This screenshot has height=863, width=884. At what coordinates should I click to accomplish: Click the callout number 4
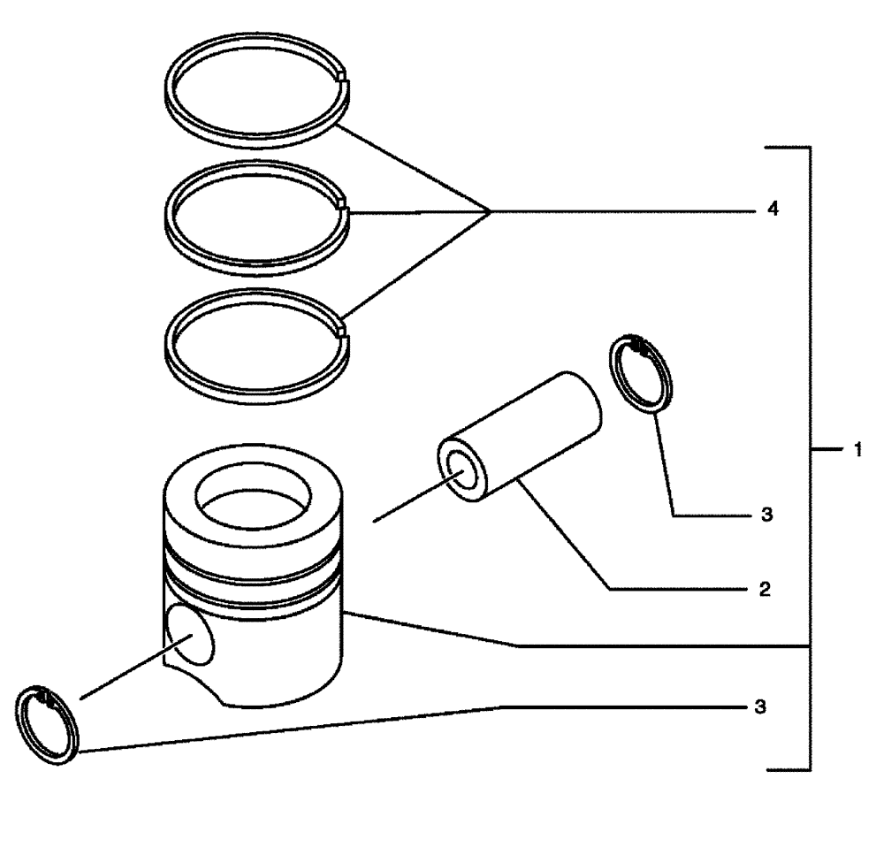click(x=773, y=211)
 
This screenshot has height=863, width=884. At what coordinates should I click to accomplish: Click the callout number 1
click(x=857, y=450)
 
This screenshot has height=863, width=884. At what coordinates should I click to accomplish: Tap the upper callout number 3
click(x=766, y=514)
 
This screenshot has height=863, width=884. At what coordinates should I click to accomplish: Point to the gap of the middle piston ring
click(x=344, y=207)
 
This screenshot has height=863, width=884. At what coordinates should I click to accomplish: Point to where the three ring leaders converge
click(x=491, y=211)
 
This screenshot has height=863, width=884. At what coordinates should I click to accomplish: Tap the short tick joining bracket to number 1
click(x=824, y=450)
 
